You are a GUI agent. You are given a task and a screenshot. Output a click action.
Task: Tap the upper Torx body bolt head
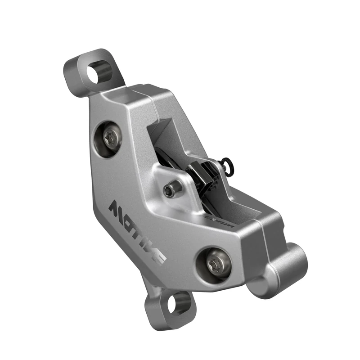tap(111, 139)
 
